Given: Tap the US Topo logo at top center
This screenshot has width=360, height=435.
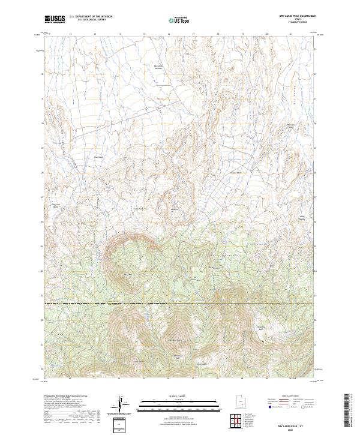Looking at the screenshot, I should click(x=180, y=19).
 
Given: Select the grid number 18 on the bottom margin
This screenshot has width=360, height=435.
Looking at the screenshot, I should click(x=218, y=379).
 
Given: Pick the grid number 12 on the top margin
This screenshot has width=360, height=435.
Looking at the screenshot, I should click(x=71, y=34).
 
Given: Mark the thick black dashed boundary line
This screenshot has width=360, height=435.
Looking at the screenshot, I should click(x=180, y=304).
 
